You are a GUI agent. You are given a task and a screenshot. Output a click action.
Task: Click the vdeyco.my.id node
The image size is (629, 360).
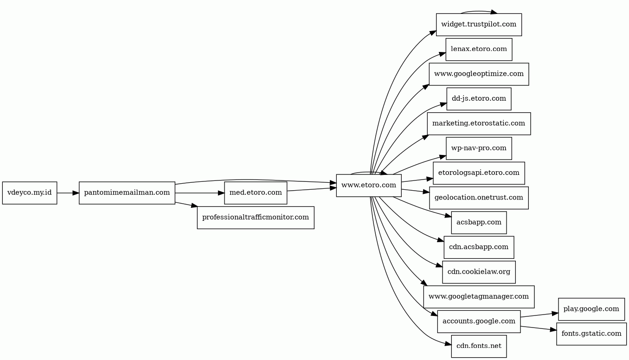[30, 193]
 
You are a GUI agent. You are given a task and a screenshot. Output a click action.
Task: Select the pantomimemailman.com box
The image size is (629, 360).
[127, 193]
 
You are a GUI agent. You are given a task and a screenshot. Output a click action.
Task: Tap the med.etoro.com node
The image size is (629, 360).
[256, 193]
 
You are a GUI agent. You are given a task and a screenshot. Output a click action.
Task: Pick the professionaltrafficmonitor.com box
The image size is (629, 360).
[256, 218]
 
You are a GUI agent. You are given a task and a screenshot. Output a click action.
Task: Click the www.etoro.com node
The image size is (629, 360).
[369, 186]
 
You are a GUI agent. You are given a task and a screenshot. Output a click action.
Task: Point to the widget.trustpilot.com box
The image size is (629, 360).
[479, 25]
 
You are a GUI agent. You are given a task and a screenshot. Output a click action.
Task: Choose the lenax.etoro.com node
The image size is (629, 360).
[479, 49]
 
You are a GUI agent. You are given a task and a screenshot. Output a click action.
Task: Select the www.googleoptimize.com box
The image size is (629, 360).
[479, 74]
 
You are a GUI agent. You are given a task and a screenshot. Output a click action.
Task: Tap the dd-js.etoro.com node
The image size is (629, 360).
[479, 99]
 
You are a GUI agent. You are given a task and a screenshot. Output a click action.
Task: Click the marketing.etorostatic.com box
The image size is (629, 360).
[479, 123]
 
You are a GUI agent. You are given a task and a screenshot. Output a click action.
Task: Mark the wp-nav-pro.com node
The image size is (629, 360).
[479, 148]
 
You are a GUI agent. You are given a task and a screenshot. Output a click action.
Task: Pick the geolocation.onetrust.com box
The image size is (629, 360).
[479, 198]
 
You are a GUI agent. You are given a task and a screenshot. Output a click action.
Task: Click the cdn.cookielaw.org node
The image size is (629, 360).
[479, 272]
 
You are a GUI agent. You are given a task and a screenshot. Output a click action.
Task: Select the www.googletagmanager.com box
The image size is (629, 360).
[479, 297]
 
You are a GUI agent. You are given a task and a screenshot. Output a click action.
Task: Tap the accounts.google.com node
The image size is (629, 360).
[479, 321]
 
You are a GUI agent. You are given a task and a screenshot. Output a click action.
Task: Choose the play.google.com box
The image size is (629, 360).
[591, 309]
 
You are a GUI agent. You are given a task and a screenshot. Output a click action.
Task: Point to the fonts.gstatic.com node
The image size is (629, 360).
[591, 334]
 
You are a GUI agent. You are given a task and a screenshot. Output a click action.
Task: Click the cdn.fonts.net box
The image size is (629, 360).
[479, 346]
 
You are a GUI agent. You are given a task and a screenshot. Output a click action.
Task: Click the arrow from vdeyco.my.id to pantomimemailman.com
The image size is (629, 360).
[68, 193]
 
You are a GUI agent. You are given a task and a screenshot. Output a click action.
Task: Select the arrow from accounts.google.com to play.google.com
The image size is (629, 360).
[539, 315]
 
